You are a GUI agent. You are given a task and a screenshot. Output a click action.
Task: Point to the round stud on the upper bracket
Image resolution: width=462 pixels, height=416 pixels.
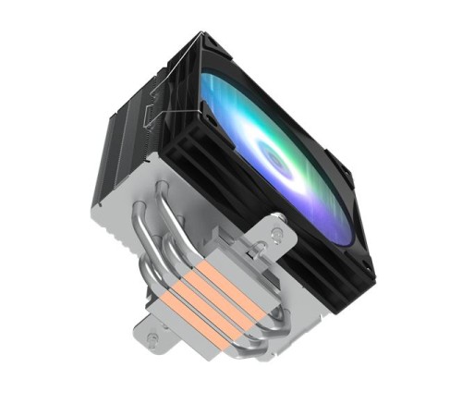tap(277, 226)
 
